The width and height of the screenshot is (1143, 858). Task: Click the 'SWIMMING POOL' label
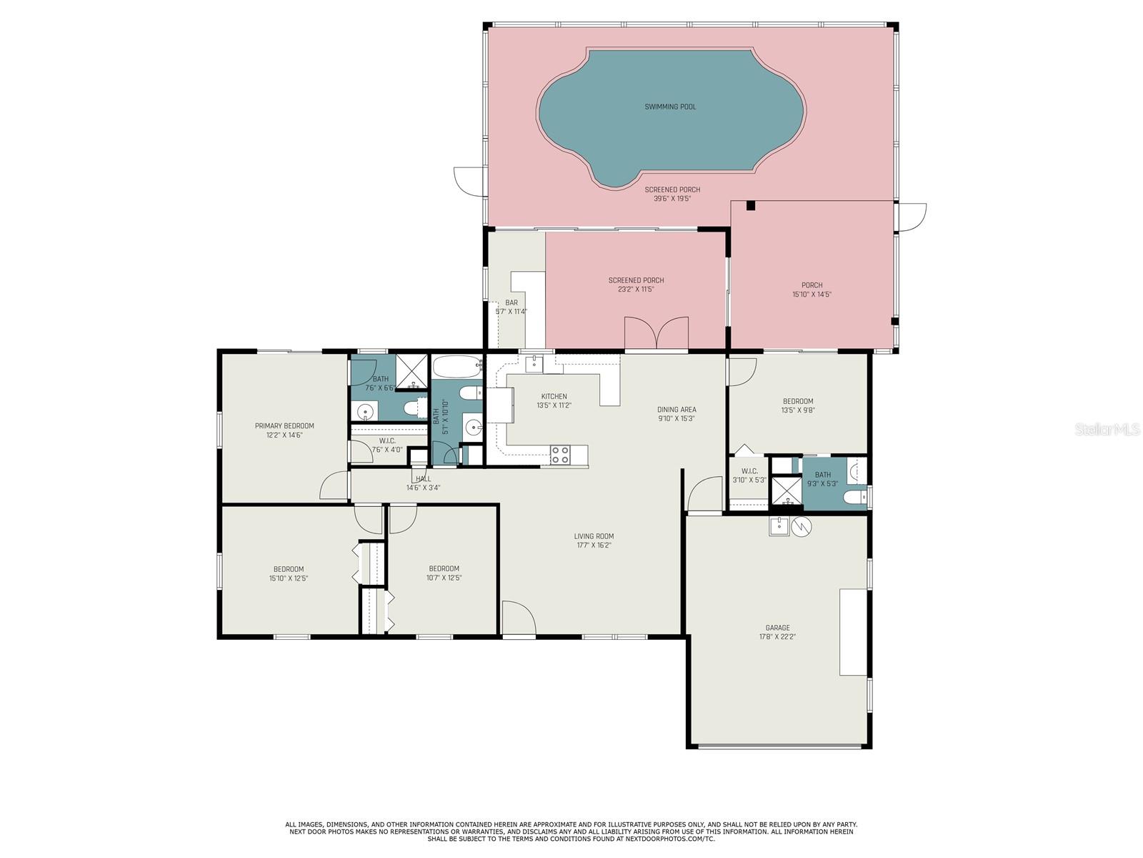pos(670,107)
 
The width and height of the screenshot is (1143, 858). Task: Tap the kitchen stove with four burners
pos(560,455)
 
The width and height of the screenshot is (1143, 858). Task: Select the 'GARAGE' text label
pos(778,628)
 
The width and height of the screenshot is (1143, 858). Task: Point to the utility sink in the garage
pos(779,526)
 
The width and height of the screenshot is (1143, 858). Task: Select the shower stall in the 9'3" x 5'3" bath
pos(787,491)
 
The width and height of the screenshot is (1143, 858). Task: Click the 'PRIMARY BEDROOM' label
pos(284,426)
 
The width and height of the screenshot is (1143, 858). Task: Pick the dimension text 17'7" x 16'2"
pos(594,546)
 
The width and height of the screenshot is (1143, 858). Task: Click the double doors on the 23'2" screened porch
pos(657,333)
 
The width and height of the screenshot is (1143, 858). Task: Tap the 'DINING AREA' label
pos(677,410)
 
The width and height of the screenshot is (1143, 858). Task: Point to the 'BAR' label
pos(511,303)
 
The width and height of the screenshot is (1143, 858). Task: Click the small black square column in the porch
pos(750,206)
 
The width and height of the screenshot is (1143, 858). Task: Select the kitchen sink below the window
pos(534,365)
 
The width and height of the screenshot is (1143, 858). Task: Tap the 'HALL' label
pos(423,479)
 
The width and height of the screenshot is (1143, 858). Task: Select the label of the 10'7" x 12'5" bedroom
pos(444,569)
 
